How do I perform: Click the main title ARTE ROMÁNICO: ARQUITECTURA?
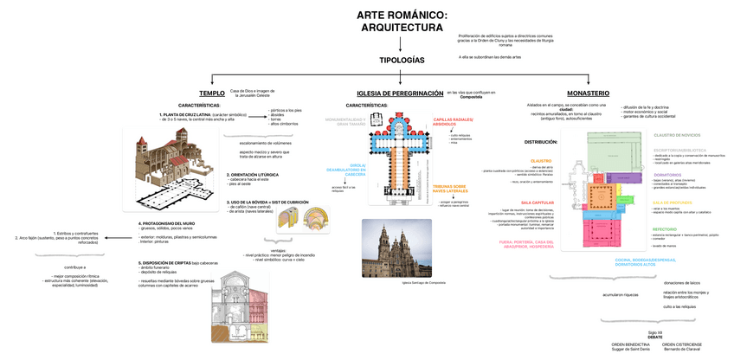402,22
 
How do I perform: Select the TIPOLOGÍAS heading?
402,61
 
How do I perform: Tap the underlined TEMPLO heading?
211,93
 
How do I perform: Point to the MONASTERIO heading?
588,93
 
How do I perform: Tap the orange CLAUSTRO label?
541,160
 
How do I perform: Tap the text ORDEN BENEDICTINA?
629,344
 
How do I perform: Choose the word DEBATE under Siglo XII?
654,336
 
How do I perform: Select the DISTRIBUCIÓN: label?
541,141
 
